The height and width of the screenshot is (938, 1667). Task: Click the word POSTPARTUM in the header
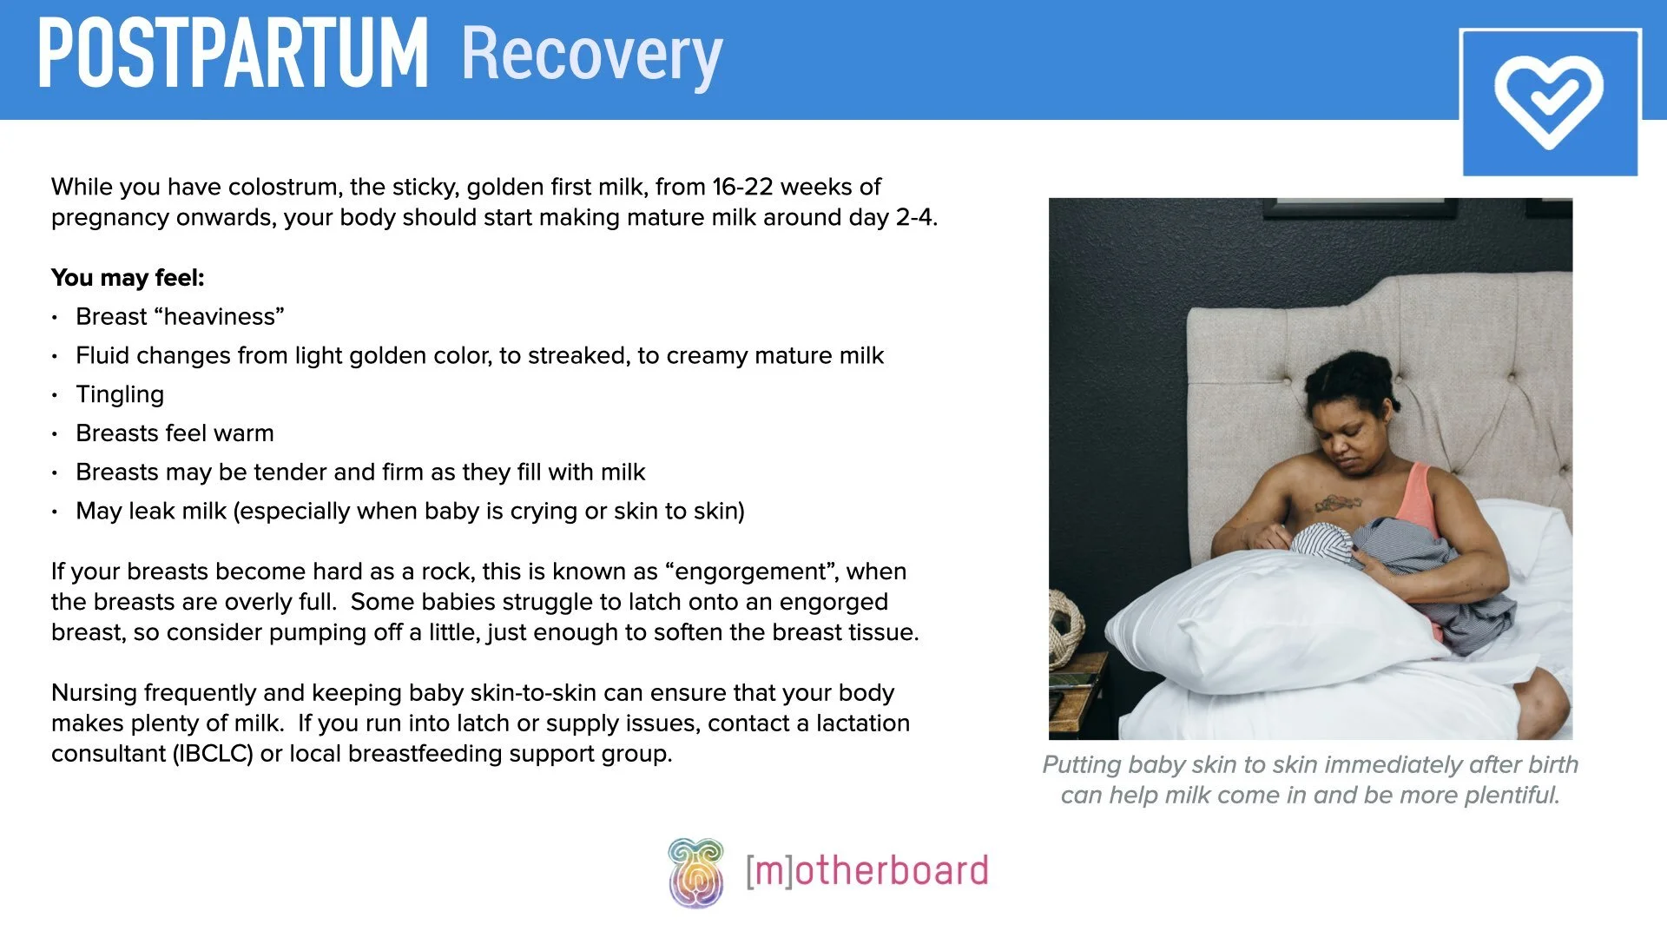pos(233,54)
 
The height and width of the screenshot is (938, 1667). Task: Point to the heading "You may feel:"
pos(128,278)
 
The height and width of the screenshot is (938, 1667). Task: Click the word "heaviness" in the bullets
pos(219,317)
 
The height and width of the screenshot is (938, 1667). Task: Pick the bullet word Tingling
pos(120,394)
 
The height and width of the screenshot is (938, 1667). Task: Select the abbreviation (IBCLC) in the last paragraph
pos(213,754)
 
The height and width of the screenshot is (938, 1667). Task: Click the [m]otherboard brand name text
pos(866,871)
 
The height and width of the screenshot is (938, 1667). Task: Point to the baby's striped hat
pos(1321,544)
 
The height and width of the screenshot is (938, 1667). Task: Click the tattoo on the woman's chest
pos(1337,502)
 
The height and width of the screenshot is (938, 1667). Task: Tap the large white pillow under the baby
pos(1259,617)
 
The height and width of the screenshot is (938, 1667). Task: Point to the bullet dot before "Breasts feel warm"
pos(55,434)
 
